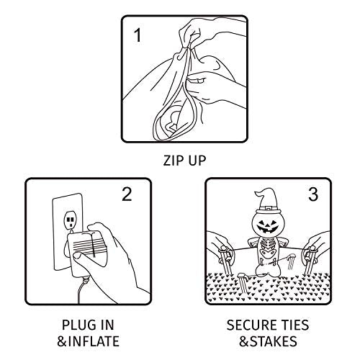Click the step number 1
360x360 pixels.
coord(138,35)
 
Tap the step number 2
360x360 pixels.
coord(127,194)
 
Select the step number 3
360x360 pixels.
coord(313,194)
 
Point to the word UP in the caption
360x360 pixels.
coord(197,161)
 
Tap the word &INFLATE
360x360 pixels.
coord(88,341)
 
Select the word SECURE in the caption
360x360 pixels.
coord(251,325)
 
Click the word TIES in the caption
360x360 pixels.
coord(294,325)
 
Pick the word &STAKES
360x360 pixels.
coord(268,341)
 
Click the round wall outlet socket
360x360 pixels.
coord(70,220)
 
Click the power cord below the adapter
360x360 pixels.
coord(81,290)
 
